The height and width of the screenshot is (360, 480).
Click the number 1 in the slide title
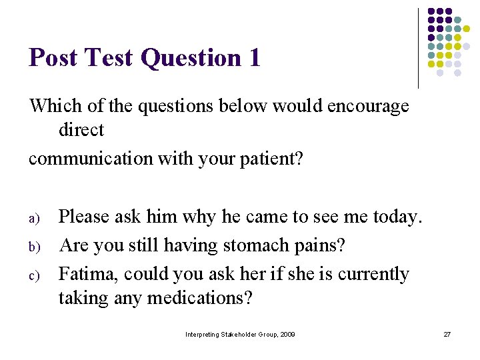point(253,58)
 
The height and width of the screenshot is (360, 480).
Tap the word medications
point(200,298)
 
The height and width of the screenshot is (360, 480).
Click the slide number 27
point(447,333)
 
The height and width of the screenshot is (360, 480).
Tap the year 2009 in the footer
point(287,333)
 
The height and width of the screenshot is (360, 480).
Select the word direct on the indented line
point(81,130)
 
